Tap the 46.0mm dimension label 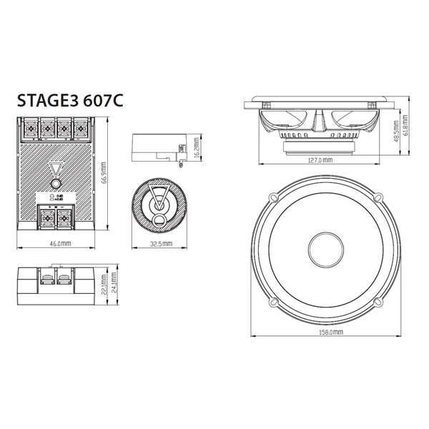pos(61,243)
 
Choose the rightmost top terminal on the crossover pos(82,129)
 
